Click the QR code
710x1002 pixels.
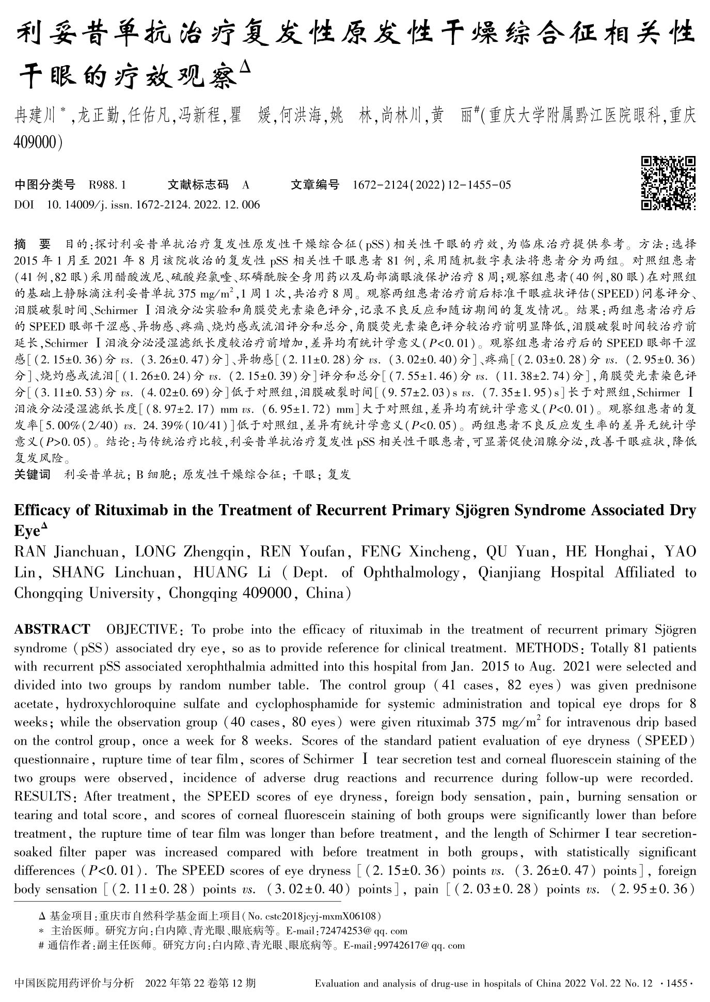point(668,183)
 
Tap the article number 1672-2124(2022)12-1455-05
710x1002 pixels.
point(432,185)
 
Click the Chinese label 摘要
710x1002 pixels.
point(33,244)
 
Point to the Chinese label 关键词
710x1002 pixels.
point(32,474)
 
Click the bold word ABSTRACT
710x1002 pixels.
point(52,630)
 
